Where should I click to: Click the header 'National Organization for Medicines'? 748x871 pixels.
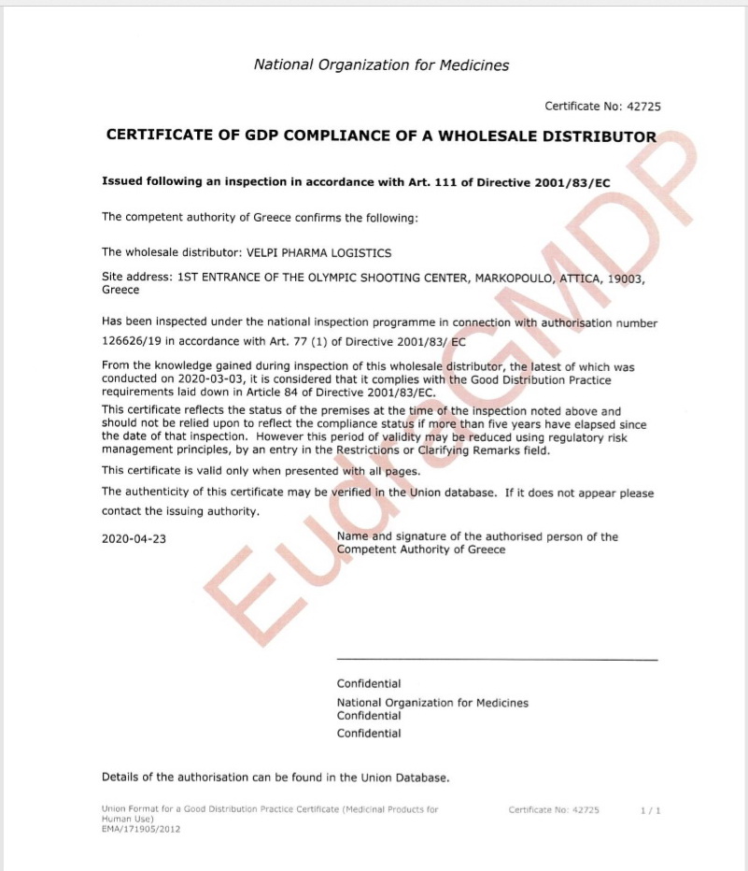coord(381,64)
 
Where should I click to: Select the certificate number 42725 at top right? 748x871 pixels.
coord(642,107)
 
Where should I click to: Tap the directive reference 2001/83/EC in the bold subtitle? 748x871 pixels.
coord(569,182)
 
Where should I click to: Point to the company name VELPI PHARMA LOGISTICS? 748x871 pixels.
coord(318,252)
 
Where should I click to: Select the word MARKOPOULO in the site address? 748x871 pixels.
coord(518,278)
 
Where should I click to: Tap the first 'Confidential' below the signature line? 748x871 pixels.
coord(369,684)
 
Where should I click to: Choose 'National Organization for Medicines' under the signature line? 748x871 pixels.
coord(432,702)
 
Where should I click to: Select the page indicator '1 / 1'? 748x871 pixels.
coord(651,810)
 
